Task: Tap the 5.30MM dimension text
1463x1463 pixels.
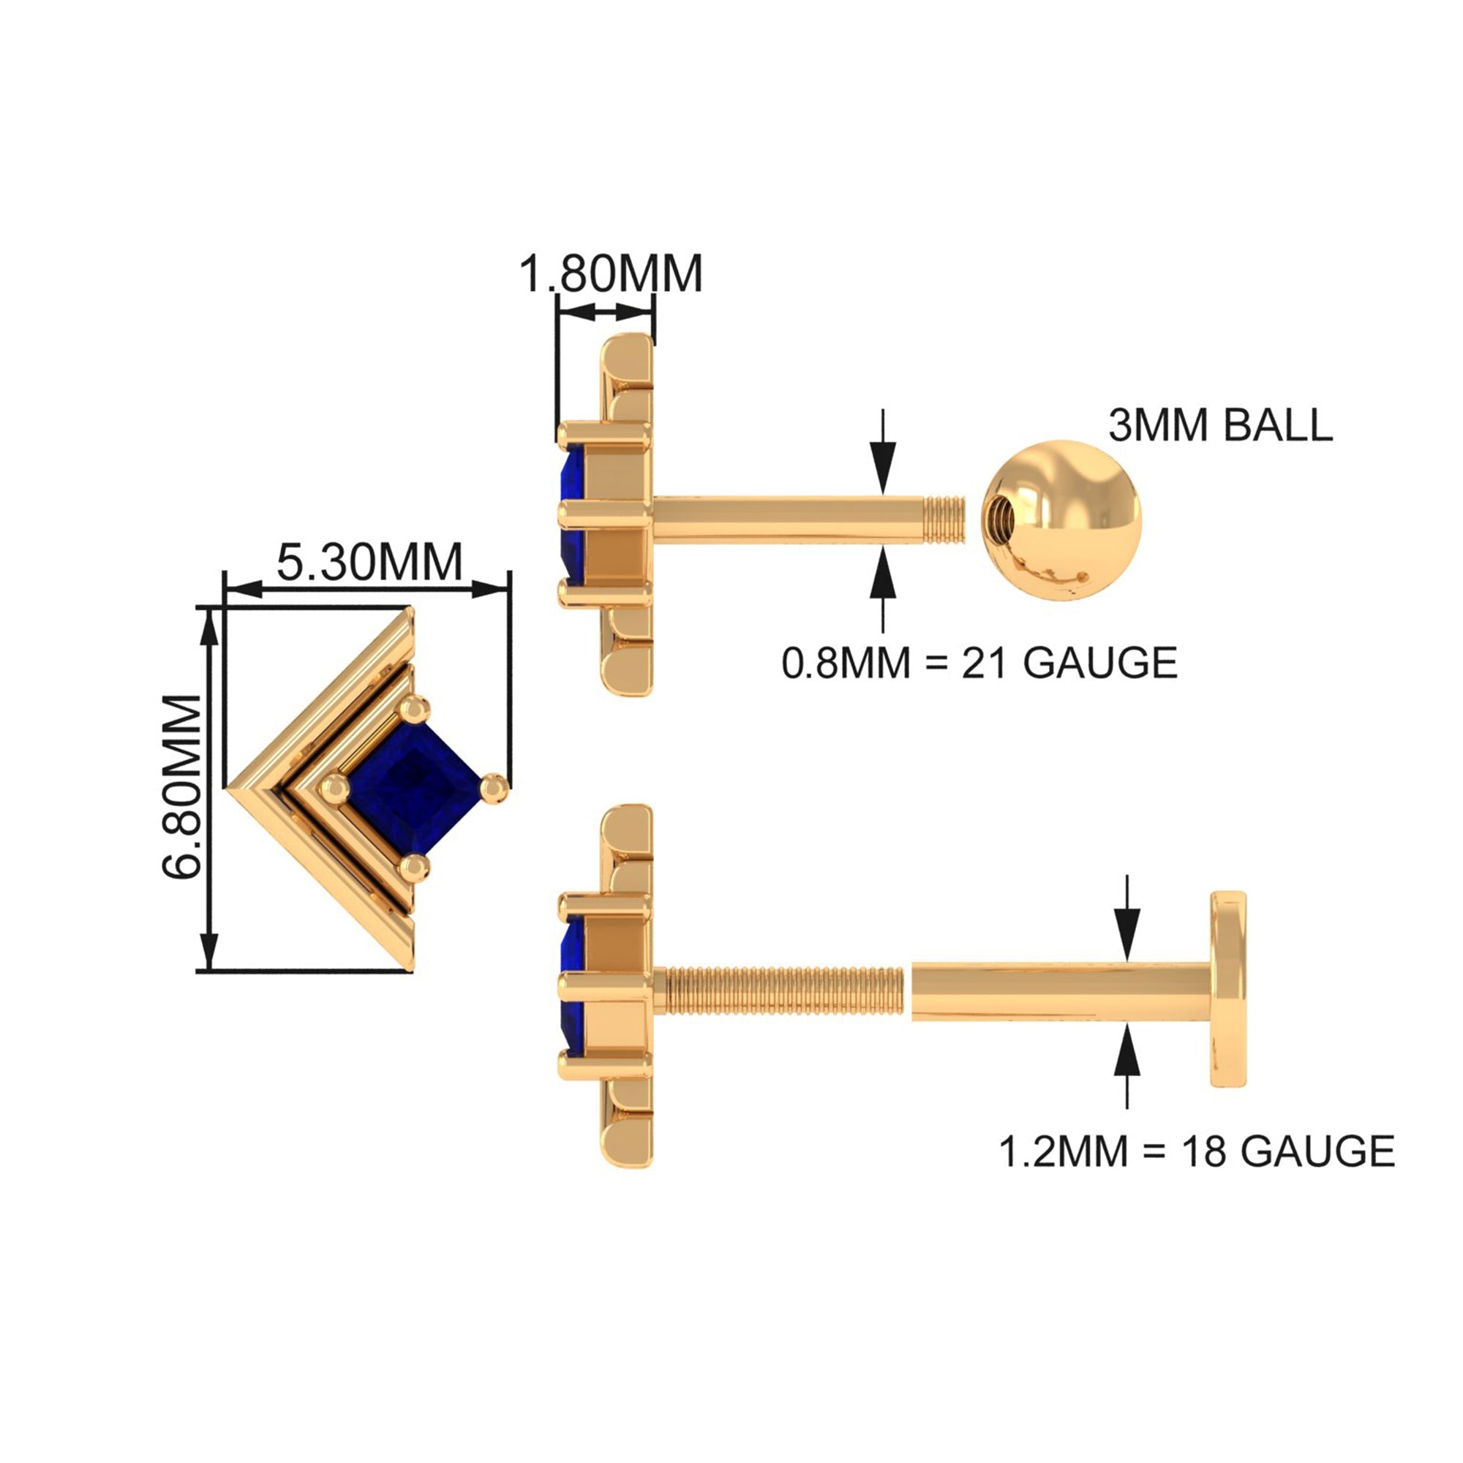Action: pos(369,562)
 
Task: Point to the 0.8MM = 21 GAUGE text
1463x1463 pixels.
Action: pos(979,663)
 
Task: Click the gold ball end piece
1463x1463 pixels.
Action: pos(1061,520)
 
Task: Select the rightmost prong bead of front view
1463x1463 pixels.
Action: pos(494,788)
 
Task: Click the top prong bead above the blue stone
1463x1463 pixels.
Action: pos(414,710)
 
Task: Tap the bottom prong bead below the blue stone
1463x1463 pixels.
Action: pos(415,867)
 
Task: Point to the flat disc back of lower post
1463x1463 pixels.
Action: pos(1227,990)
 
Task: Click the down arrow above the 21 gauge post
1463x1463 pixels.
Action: pos(883,458)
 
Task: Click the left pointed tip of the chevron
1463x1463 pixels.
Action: pos(231,789)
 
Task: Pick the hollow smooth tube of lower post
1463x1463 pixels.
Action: pos(1060,991)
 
